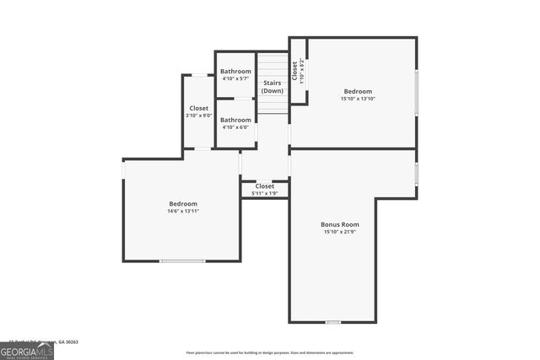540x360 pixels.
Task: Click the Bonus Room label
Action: tap(340, 224)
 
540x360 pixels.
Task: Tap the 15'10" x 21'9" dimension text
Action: tap(340, 232)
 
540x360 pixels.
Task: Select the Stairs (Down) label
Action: tap(272, 86)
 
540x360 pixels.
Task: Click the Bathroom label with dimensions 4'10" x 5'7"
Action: tap(235, 72)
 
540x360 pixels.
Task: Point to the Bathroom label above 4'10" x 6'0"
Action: tap(235, 120)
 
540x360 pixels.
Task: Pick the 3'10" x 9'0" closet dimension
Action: tap(198, 116)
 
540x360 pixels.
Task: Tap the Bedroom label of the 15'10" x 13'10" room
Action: tap(357, 91)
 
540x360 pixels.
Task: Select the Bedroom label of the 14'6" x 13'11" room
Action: tap(183, 203)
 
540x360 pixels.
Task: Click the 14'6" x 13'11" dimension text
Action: tap(183, 211)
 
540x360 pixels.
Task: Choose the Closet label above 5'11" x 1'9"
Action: tap(264, 185)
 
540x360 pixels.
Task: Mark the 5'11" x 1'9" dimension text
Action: tap(264, 193)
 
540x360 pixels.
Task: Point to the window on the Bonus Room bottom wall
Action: tap(333, 322)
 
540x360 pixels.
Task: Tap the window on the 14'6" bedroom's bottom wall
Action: tap(182, 261)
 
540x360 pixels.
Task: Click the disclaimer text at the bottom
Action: tap(270, 352)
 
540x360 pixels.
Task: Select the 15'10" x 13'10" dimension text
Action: tap(357, 99)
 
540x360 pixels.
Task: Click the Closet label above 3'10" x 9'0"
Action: tap(198, 108)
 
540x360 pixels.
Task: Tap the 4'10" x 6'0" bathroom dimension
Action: tap(235, 127)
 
